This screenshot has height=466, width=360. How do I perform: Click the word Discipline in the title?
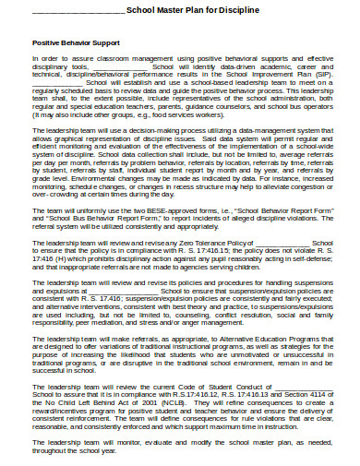(x=234, y=11)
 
